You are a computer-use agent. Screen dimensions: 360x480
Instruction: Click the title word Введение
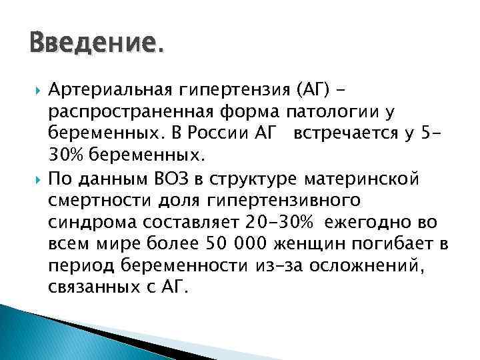tap(95, 45)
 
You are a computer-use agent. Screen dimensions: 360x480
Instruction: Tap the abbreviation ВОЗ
tap(175, 178)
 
